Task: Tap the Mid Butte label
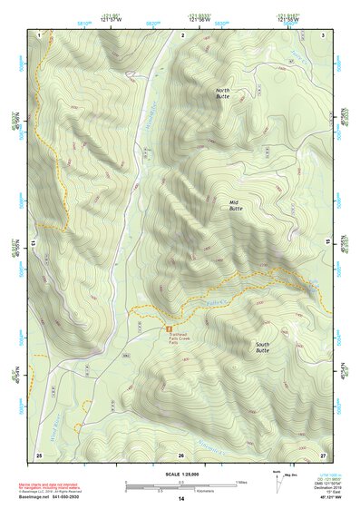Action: tap(236, 205)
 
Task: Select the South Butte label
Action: tap(262, 347)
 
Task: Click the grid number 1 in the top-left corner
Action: tap(40, 34)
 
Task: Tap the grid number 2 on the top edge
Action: tap(183, 34)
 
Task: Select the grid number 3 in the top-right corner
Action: tap(324, 34)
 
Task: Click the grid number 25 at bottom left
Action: tap(39, 455)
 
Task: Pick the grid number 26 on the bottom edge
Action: tap(181, 455)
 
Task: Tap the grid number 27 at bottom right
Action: tap(323, 455)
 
